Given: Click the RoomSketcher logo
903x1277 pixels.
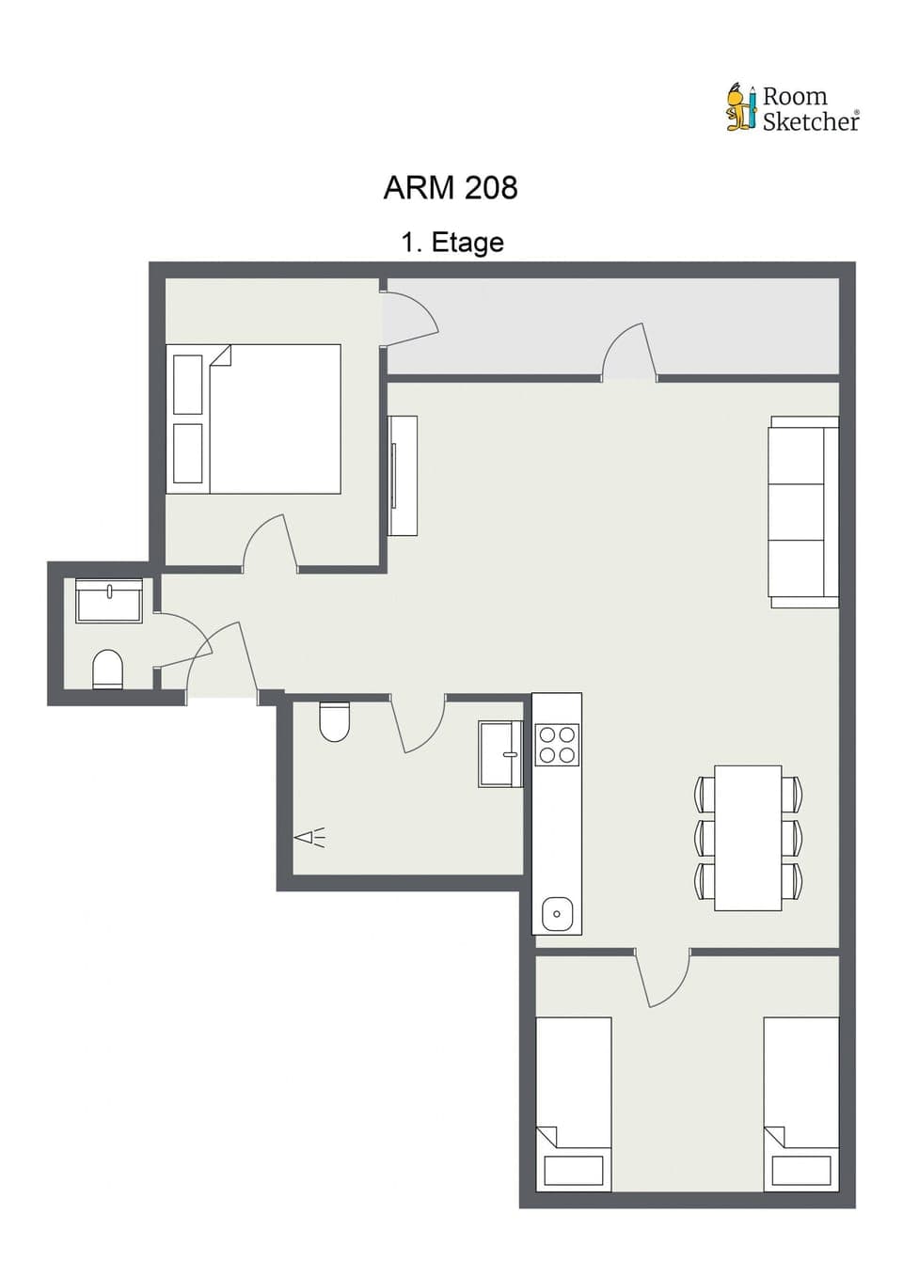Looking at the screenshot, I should (x=792, y=108).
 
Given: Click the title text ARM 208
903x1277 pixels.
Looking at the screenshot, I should (x=450, y=188).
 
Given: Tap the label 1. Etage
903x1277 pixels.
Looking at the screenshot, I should (x=452, y=243).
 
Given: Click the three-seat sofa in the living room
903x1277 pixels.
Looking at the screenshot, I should (x=802, y=512).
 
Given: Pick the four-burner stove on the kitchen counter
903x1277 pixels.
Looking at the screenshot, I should (x=556, y=745).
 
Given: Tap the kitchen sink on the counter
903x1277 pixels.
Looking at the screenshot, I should (x=557, y=913).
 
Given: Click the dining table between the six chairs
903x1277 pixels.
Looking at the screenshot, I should (x=748, y=838).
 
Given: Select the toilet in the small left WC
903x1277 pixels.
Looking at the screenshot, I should (x=108, y=669).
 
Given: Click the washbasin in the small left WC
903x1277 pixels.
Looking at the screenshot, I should (x=109, y=600).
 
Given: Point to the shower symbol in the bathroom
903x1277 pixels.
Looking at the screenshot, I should (x=309, y=837).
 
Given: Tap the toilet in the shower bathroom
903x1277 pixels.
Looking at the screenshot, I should (x=334, y=720).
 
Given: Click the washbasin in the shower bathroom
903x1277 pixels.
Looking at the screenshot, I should (x=499, y=753).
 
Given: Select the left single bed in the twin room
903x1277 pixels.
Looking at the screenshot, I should (x=574, y=1103).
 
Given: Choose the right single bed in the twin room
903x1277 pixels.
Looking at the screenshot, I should (x=800, y=1103).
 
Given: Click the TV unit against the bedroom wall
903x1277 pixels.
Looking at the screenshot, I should (x=404, y=475).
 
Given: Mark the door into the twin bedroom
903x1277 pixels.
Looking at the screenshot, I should (x=664, y=978).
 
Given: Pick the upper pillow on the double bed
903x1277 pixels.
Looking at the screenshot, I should (x=188, y=384).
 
